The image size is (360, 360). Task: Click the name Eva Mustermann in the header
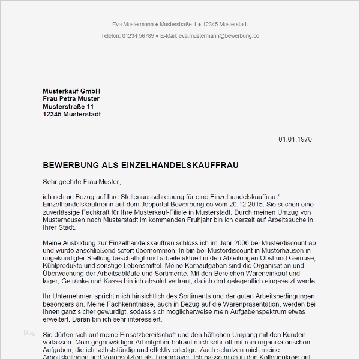tap(133, 25)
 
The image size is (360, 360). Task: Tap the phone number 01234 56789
tap(137, 36)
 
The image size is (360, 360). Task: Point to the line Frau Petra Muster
tap(71, 98)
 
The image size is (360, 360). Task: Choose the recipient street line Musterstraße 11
tap(68, 106)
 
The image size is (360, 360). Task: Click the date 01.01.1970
tap(295, 139)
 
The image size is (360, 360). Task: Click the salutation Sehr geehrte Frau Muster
tap(82, 181)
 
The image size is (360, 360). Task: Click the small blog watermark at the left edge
tap(29, 332)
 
